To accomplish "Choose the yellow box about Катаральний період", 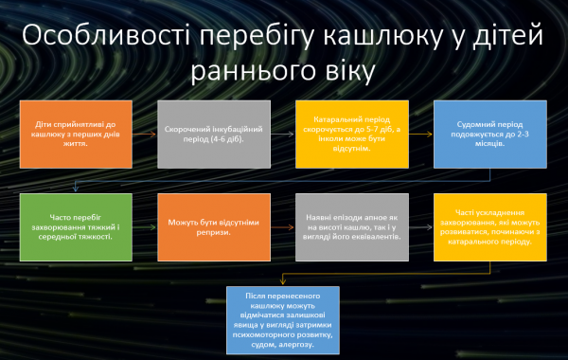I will coord(345,134).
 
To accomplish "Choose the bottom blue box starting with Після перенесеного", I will coord(284,318).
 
